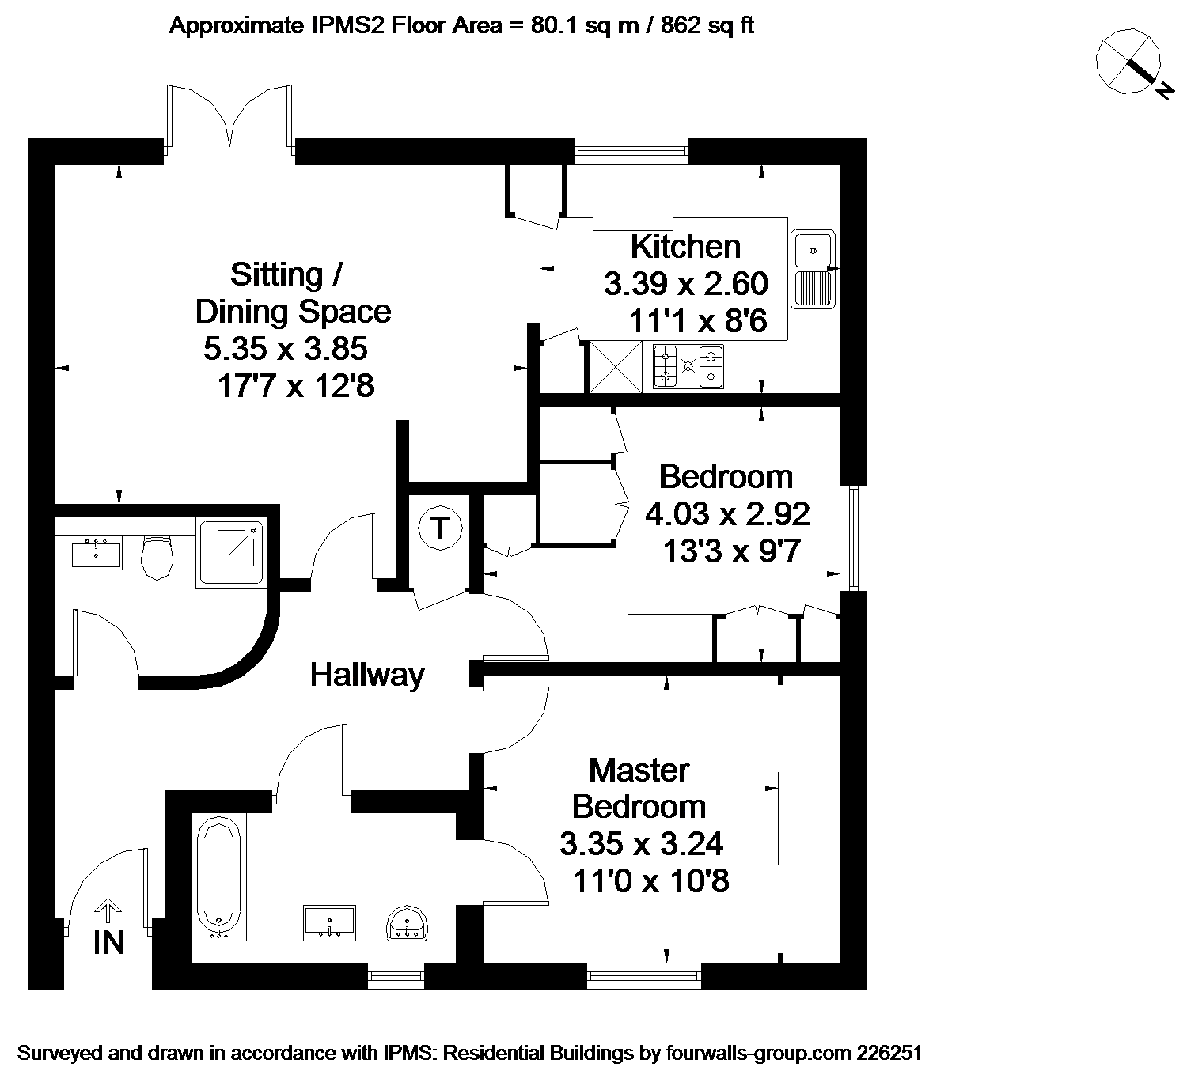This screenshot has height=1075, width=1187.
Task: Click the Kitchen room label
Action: (685, 247)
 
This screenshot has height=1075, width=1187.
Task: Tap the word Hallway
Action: (367, 675)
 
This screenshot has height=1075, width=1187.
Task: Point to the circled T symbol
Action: (440, 527)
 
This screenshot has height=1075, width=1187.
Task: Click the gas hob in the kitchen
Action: (688, 366)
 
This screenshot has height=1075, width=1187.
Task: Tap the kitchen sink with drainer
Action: (813, 269)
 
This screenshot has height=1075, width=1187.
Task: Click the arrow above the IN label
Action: (107, 910)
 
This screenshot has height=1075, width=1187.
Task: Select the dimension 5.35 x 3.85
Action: (285, 349)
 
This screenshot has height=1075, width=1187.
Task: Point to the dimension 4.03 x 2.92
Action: (727, 513)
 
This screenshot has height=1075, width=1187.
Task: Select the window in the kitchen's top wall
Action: (631, 151)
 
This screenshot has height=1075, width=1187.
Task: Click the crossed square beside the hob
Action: (616, 367)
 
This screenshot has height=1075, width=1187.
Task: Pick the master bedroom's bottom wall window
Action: (644, 975)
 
